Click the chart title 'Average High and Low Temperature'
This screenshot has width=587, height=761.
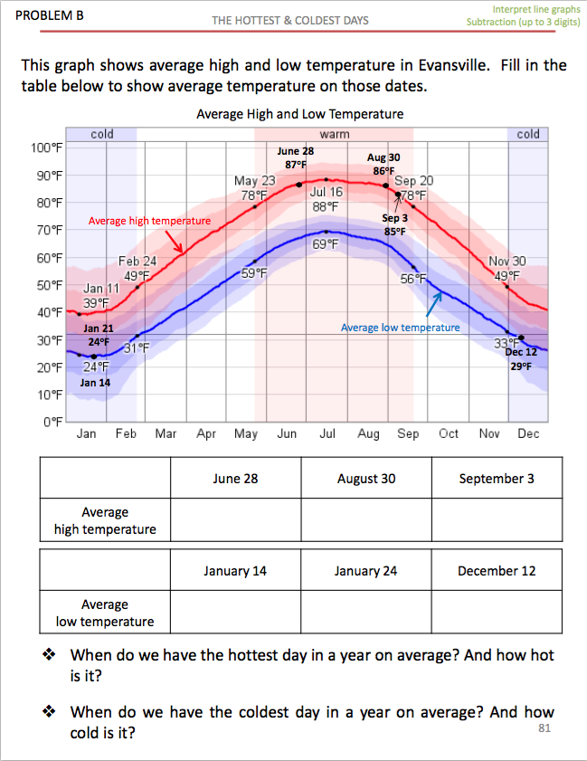click(x=299, y=114)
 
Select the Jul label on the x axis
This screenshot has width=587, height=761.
click(x=327, y=434)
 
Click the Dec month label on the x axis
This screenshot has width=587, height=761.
click(x=528, y=434)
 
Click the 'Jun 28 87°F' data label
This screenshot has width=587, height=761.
click(x=296, y=157)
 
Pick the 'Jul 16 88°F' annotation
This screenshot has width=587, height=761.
click(x=326, y=199)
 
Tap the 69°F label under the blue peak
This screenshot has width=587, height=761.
click(x=326, y=245)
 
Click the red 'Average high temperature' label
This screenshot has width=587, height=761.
click(x=149, y=221)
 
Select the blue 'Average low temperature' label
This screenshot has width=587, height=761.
click(x=400, y=328)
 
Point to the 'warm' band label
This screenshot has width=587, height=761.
click(x=335, y=134)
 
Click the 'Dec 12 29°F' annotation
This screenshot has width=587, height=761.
click(x=521, y=358)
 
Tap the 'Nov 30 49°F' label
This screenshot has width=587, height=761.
click(x=507, y=268)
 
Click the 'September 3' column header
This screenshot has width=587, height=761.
click(x=497, y=479)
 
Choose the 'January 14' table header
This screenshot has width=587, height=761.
click(x=235, y=571)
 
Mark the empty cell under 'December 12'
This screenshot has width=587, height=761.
click(x=497, y=613)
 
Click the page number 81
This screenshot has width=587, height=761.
click(x=544, y=728)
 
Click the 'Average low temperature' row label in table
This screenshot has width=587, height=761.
click(x=105, y=613)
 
